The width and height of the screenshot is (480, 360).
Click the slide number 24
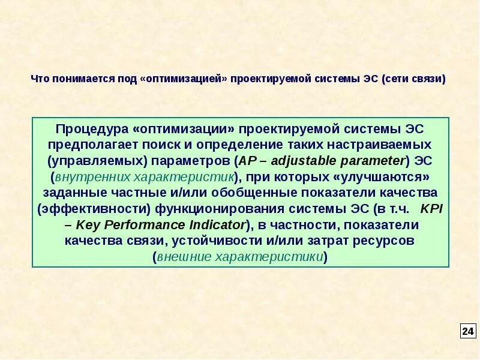coord(468,331)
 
